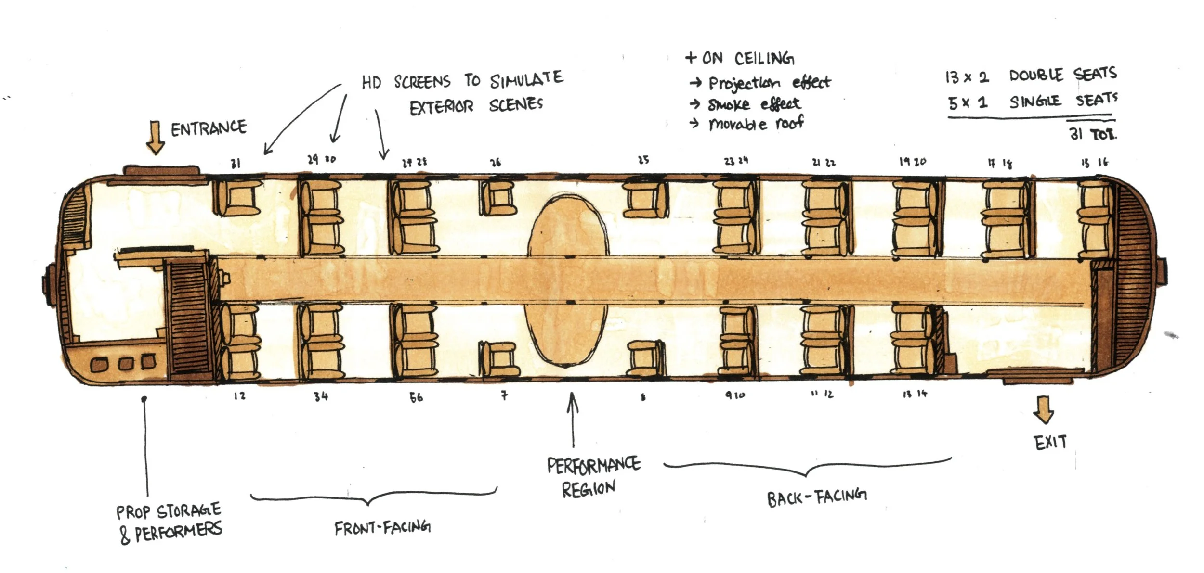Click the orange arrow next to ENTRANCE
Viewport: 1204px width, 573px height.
[155, 137]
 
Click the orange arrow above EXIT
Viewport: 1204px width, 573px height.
[1043, 410]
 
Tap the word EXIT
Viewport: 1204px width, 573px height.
[1050, 442]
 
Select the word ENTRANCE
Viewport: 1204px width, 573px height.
[209, 128]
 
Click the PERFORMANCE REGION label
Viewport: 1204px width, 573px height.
[593, 476]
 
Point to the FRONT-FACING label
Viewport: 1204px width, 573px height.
[382, 528]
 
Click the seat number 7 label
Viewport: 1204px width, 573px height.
[504, 396]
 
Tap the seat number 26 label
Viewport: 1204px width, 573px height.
[495, 163]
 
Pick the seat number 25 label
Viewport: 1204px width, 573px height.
[643, 160]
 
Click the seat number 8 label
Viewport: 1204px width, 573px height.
[642, 397]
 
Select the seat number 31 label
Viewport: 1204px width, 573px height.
[235, 164]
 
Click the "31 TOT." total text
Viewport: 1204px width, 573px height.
[1092, 134]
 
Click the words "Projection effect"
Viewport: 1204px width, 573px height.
[769, 83]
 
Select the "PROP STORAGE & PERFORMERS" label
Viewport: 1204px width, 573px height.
[169, 522]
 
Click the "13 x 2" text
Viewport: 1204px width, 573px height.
[967, 77]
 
